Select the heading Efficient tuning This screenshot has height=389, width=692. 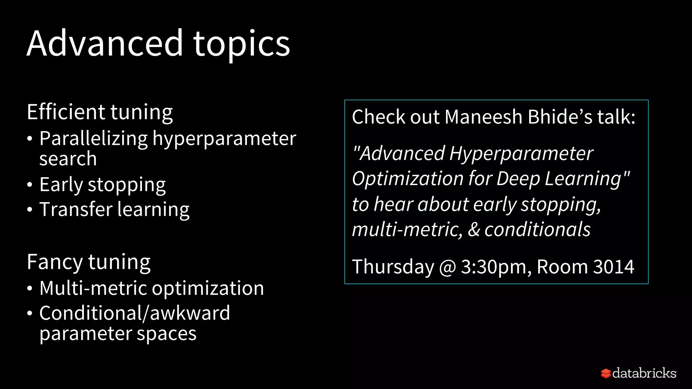click(x=100, y=112)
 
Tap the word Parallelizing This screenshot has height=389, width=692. click(x=93, y=139)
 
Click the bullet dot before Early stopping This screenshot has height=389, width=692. click(x=30, y=185)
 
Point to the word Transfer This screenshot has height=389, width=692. click(x=76, y=209)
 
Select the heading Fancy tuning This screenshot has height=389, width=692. click(x=89, y=262)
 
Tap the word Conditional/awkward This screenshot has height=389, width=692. click(x=134, y=313)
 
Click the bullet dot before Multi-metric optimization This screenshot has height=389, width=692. click(x=30, y=289)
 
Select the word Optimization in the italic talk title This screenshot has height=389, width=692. click(x=407, y=179)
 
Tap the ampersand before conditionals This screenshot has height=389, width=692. click(x=474, y=230)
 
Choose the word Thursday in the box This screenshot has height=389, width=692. click(x=393, y=267)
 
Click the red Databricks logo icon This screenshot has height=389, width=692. click(x=605, y=373)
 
